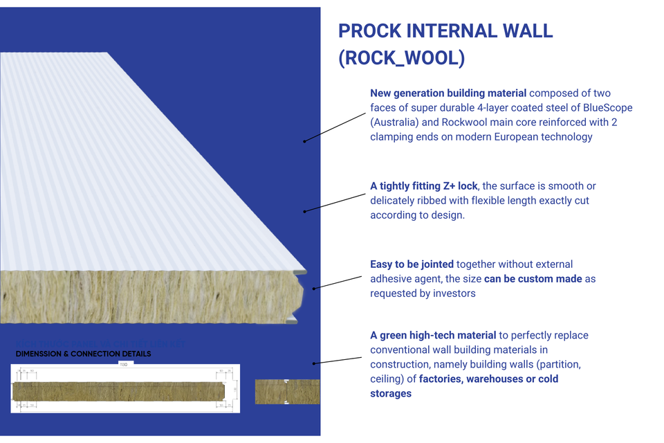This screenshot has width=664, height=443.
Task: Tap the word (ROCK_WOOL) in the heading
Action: [x=401, y=58]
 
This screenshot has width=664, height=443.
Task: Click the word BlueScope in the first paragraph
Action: [x=607, y=107]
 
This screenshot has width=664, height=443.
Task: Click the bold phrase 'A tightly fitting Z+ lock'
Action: [x=424, y=186]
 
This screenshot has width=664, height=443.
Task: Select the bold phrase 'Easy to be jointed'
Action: [x=412, y=264]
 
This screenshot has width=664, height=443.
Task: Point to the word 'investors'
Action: [x=454, y=293]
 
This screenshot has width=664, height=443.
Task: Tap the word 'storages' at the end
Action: [x=391, y=393]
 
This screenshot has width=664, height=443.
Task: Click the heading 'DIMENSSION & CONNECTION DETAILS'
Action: [x=83, y=354]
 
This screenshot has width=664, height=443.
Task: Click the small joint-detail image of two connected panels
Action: [x=287, y=391]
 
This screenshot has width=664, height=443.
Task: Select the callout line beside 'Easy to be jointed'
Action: [x=338, y=282]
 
